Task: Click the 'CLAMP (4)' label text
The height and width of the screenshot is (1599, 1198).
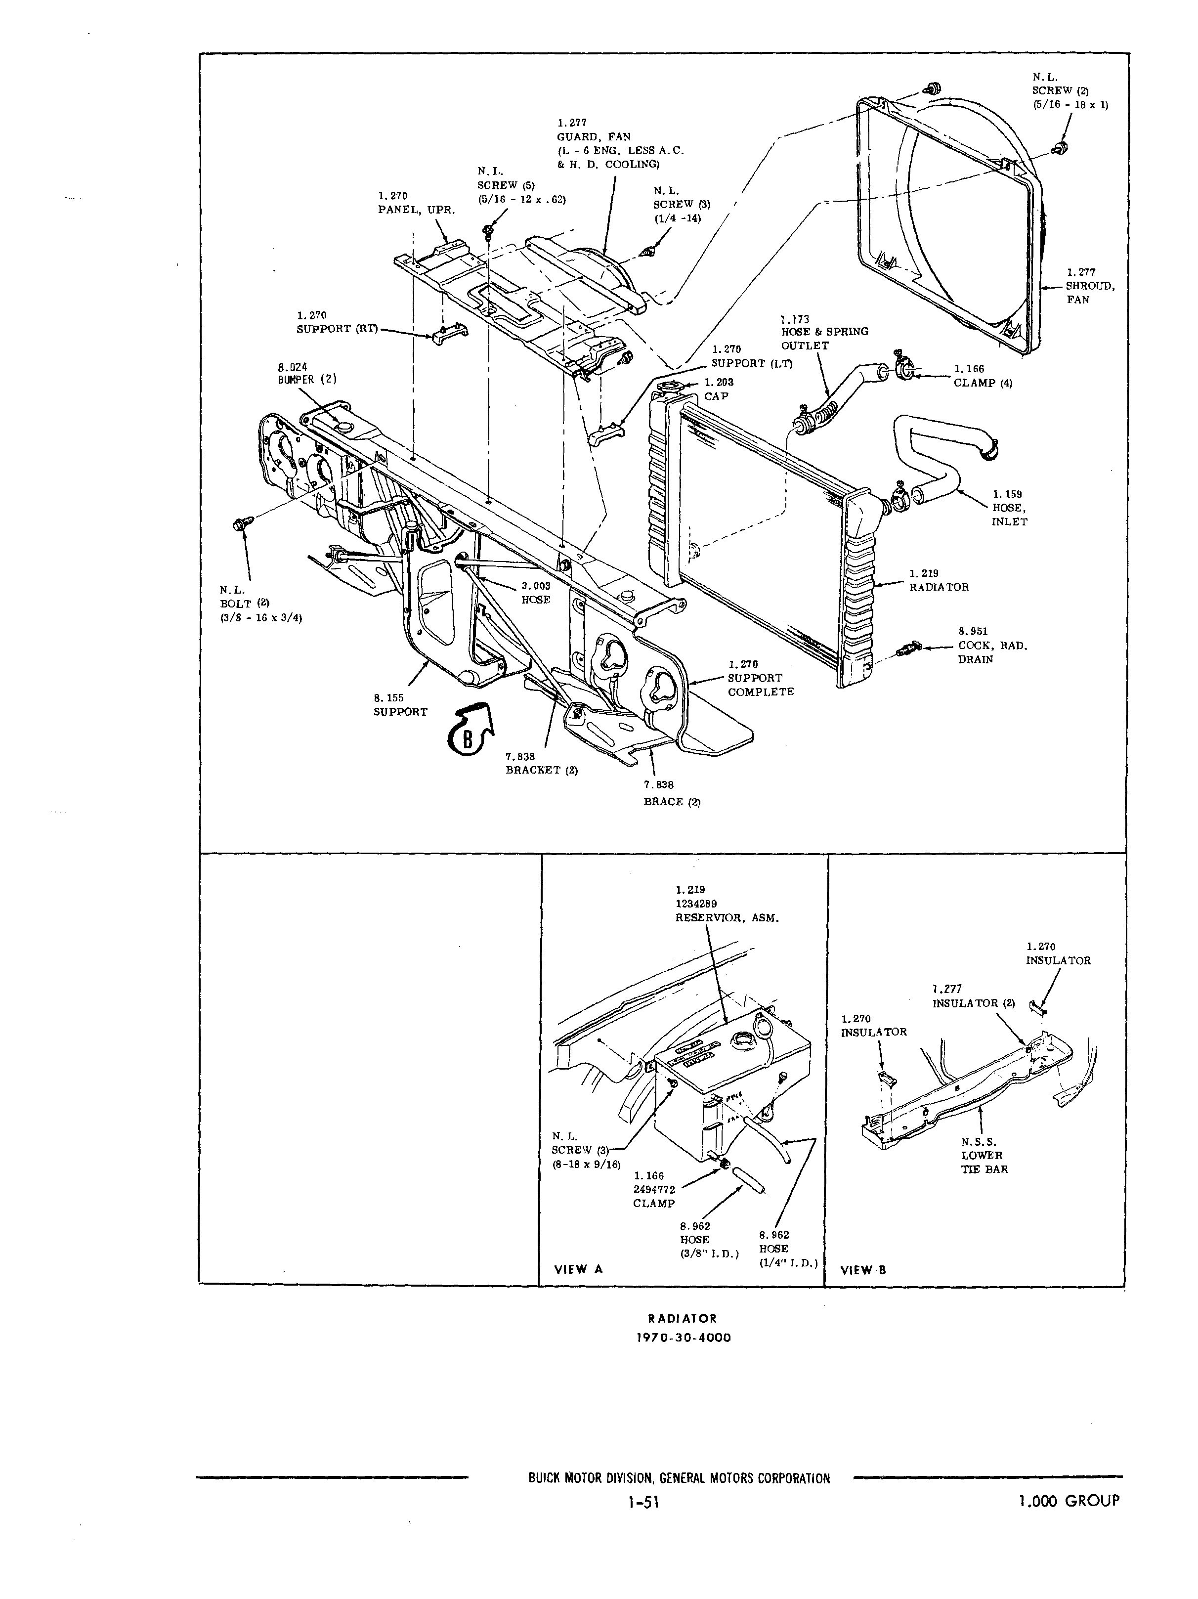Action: coord(983,383)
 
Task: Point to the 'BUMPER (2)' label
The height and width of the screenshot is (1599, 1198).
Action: coord(307,379)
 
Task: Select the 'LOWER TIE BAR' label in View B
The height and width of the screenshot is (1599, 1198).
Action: coord(984,1163)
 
